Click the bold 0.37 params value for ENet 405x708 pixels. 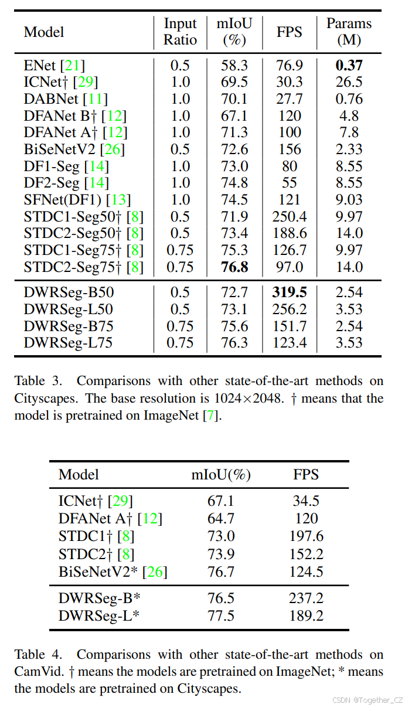(x=349, y=66)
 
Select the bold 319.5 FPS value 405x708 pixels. (x=290, y=292)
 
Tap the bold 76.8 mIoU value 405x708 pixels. (x=234, y=267)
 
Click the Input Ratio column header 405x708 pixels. (x=181, y=32)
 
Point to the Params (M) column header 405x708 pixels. (x=349, y=32)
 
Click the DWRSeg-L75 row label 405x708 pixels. (x=69, y=343)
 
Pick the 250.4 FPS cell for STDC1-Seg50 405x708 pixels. (x=290, y=217)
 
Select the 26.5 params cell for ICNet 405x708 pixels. (x=349, y=82)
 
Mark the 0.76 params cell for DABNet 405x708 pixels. (x=349, y=99)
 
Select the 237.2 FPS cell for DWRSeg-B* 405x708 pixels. (x=306, y=598)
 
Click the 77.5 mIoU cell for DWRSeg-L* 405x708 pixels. (x=221, y=615)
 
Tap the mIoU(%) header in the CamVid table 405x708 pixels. (x=221, y=475)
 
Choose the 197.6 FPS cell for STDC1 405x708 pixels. (x=306, y=536)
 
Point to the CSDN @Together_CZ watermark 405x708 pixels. (x=367, y=700)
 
